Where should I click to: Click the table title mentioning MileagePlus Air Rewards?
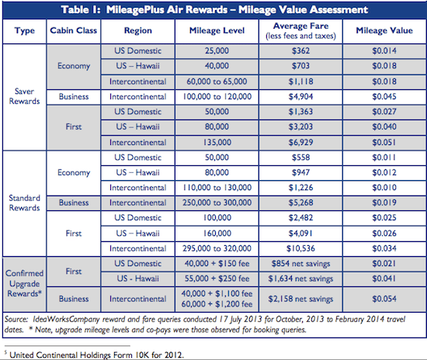coord(214,10)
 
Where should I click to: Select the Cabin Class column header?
coord(74,30)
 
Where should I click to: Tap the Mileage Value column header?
coord(384,30)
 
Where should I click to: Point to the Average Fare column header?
coord(300,31)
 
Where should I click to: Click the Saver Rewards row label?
coord(25,96)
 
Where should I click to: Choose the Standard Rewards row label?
coord(25,203)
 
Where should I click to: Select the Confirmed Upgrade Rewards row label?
coord(25,283)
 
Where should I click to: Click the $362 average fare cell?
coord(300,51)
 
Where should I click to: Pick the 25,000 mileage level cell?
coord(217,51)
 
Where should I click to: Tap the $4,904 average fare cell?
coord(300,97)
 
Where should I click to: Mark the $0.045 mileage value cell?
coord(384,97)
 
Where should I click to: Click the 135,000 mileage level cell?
coord(217,142)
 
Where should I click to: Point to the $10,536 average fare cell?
coord(300,248)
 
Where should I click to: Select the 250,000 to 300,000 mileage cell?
coord(217,202)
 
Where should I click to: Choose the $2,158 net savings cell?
coord(300,299)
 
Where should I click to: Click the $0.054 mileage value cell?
coord(384,299)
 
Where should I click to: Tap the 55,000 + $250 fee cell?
coord(217,279)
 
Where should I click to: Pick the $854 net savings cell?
coord(300,264)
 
